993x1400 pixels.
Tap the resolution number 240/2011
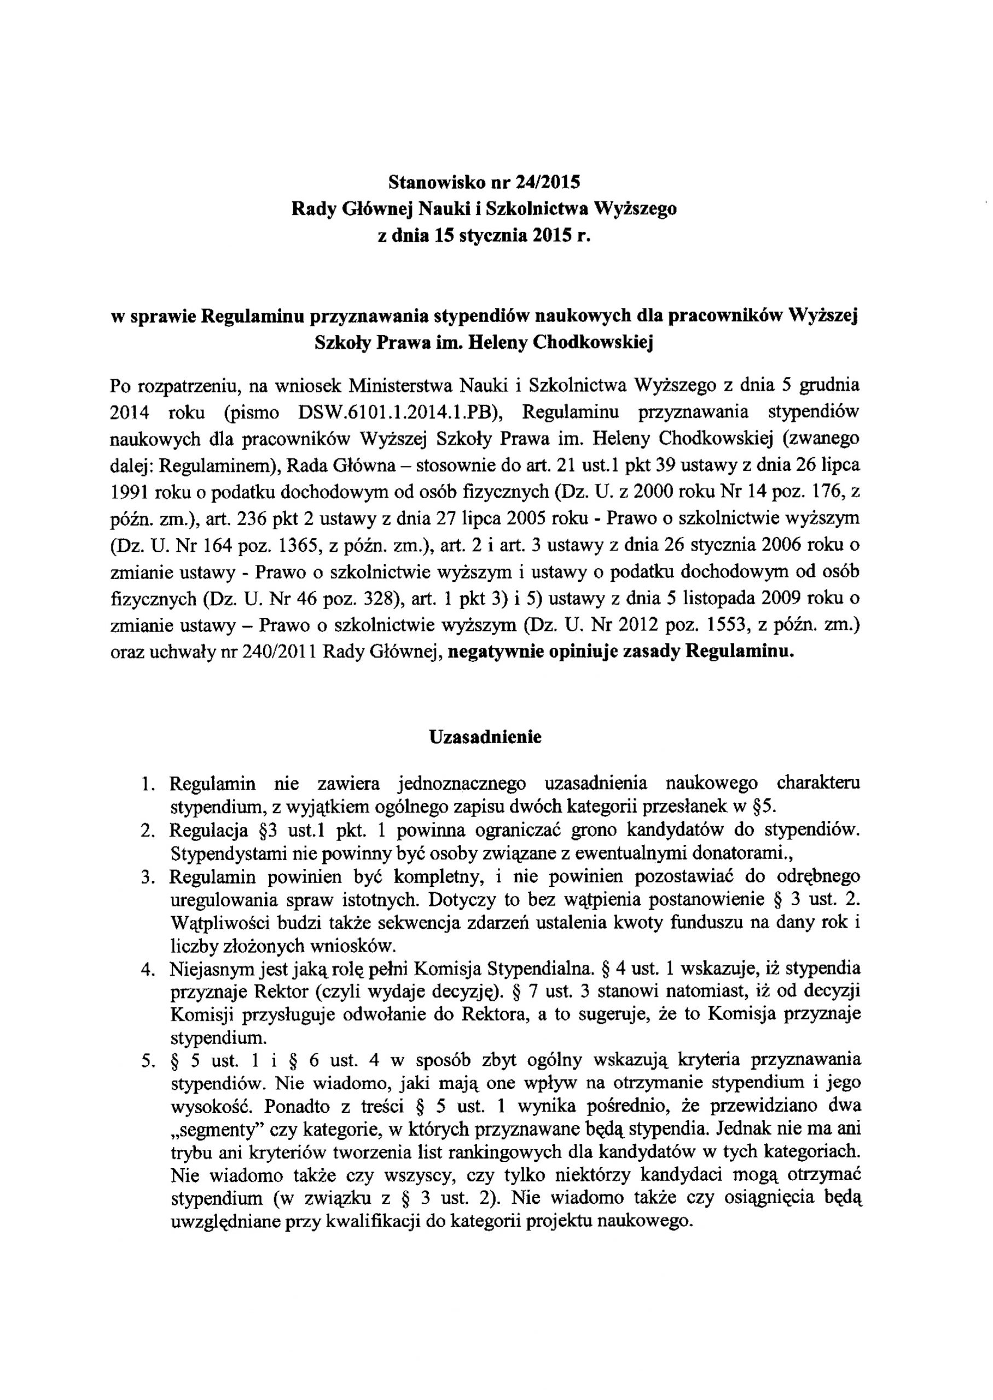[x=275, y=652]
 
